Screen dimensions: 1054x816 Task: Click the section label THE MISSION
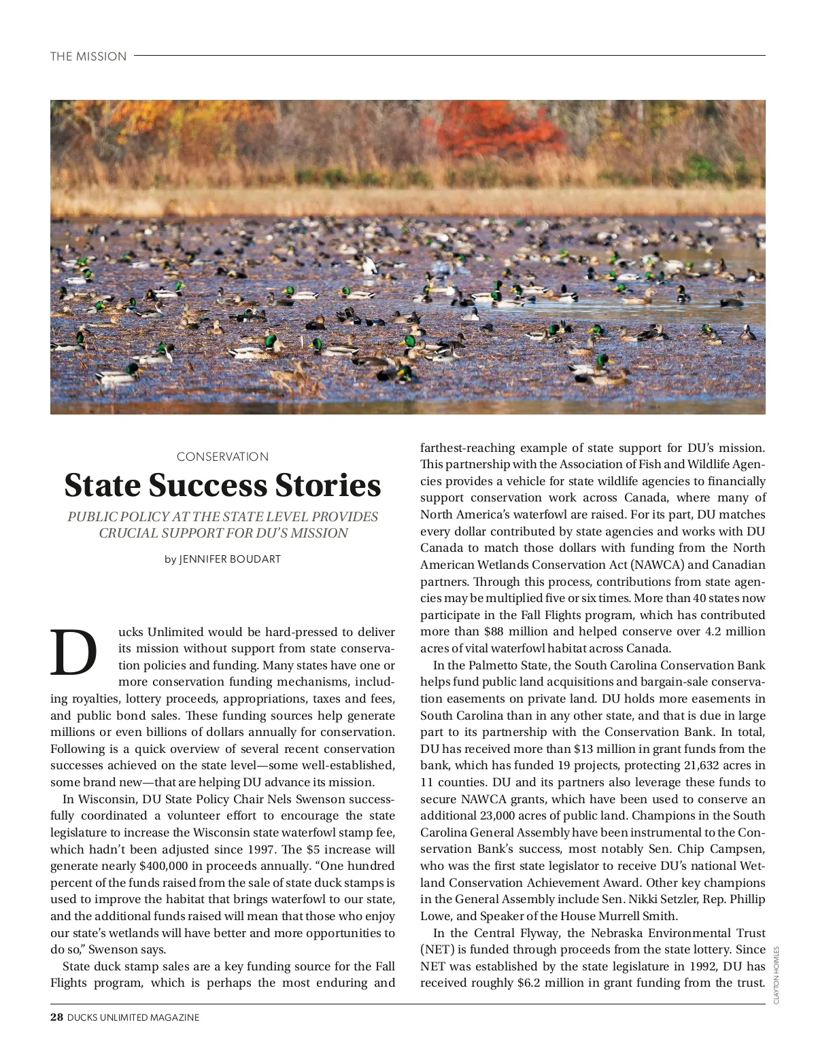click(x=88, y=56)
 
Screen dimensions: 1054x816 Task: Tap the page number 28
click(x=56, y=1017)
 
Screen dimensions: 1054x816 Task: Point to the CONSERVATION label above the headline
click(x=222, y=457)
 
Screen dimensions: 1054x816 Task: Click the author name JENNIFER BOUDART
click(x=230, y=559)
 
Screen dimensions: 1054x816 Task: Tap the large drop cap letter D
click(x=73, y=652)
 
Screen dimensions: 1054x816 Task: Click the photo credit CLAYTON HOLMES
click(x=777, y=974)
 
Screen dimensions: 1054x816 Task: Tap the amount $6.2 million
click(x=545, y=983)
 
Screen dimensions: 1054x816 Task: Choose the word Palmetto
click(x=492, y=666)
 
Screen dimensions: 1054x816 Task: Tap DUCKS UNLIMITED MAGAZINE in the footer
click(x=133, y=1017)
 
